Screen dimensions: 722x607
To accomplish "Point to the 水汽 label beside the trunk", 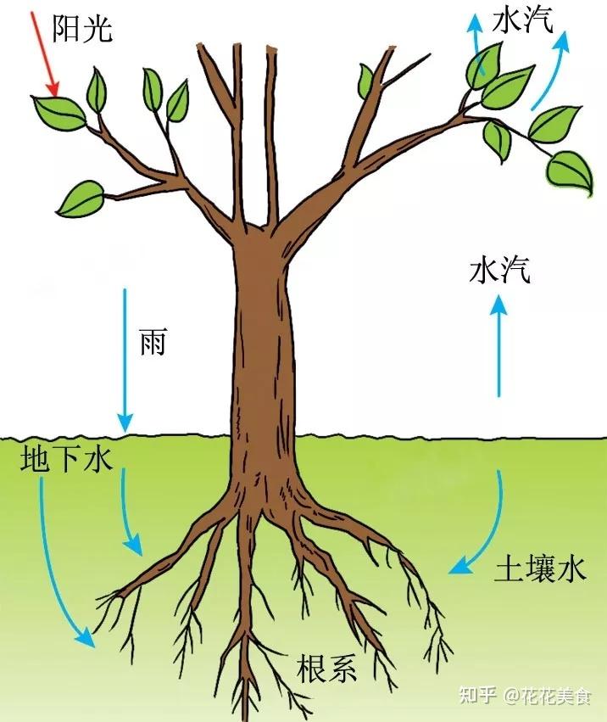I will click(x=499, y=271).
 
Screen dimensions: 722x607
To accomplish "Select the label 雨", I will click(x=153, y=342).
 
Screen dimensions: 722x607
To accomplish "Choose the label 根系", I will click(x=326, y=669).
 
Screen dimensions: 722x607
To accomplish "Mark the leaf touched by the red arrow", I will click(x=59, y=110).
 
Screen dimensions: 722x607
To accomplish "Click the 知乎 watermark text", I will click(x=476, y=697).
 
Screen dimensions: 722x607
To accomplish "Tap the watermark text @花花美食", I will click(x=546, y=697).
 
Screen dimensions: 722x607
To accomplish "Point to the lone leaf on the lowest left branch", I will click(x=80, y=198).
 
